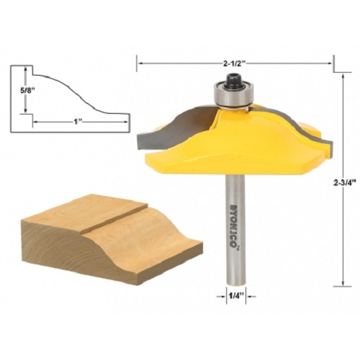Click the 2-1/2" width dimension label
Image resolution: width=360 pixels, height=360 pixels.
(x=235, y=63)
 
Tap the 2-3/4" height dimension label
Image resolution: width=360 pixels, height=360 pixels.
(x=344, y=183)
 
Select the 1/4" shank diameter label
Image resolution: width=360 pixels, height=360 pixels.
(x=235, y=296)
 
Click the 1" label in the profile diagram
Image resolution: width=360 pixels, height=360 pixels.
(x=77, y=122)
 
